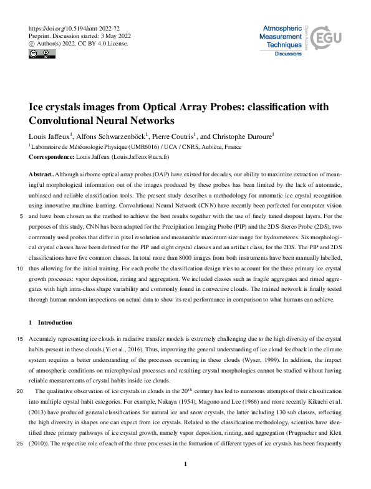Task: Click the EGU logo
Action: click(x=327, y=39)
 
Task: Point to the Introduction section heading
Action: click(x=54, y=323)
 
